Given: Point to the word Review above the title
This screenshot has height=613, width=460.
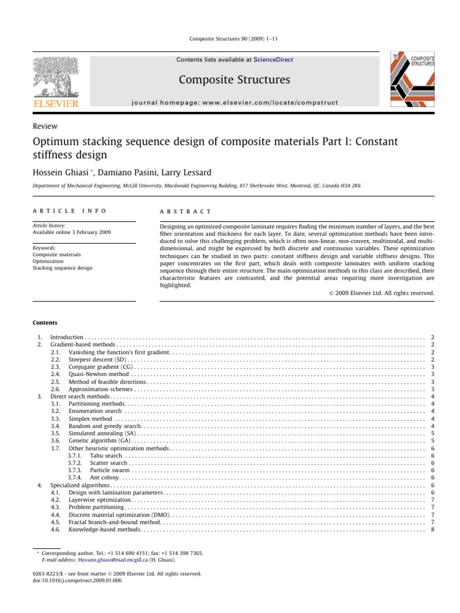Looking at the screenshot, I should click(x=47, y=126).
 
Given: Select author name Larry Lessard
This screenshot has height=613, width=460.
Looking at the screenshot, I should click(x=185, y=172).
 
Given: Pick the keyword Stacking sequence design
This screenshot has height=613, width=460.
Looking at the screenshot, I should click(x=63, y=268).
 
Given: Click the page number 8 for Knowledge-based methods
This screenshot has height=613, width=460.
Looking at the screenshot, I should click(x=432, y=529).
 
